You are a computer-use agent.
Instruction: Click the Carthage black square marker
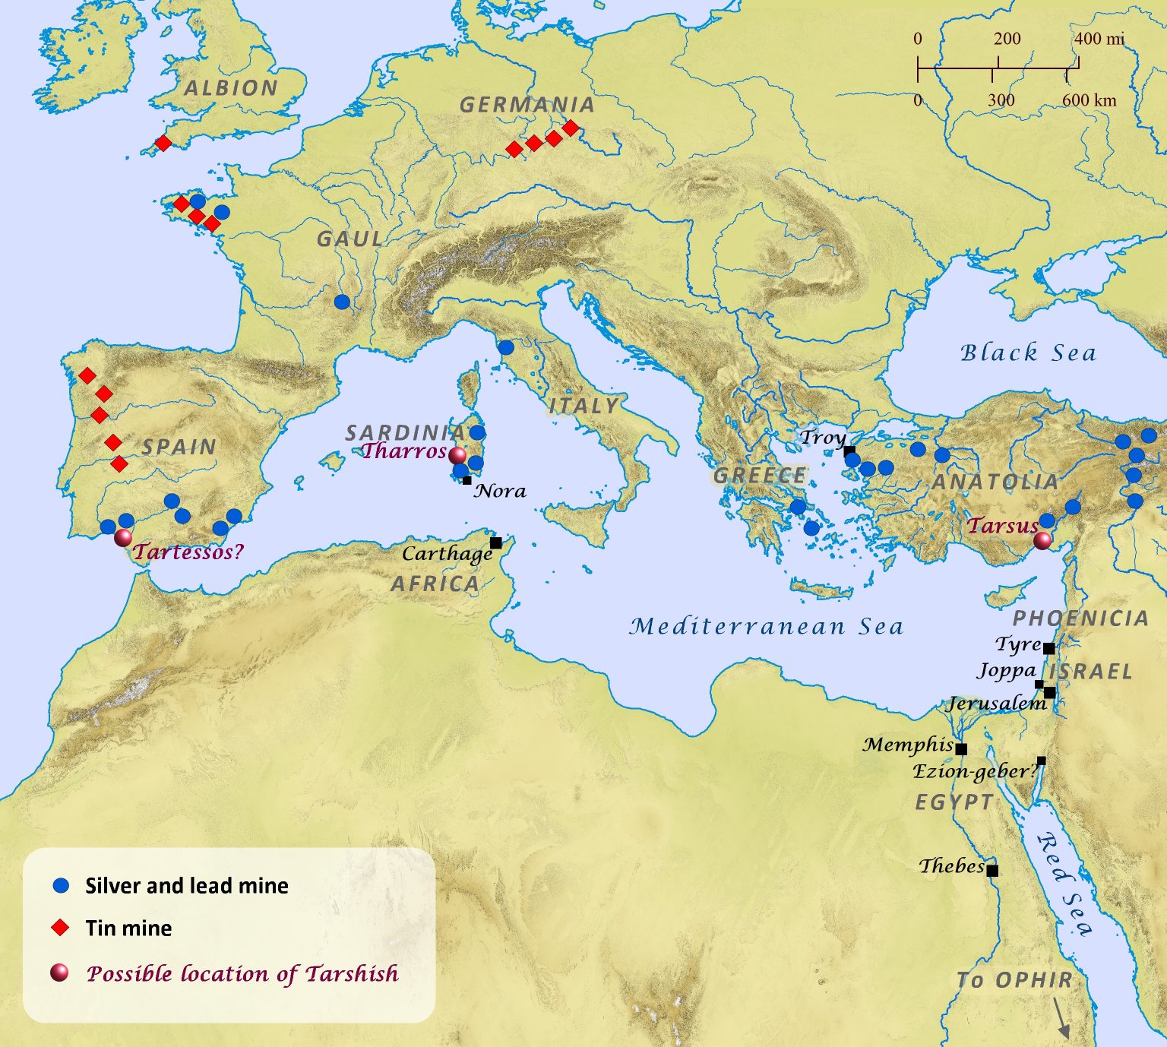[496, 542]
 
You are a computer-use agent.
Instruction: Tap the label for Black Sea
[1028, 353]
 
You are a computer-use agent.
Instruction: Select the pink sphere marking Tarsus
[1043, 540]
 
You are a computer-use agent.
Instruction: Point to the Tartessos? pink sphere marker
[123, 538]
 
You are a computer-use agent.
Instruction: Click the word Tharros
[403, 451]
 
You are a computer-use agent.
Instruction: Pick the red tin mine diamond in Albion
[163, 143]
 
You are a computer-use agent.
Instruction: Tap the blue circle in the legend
[61, 886]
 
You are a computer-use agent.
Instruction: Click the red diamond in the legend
[60, 928]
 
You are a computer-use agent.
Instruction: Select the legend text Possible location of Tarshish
[242, 973]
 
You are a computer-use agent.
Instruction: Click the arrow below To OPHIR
[1062, 1018]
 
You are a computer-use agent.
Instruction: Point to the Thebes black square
[992, 871]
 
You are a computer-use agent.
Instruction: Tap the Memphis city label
[908, 745]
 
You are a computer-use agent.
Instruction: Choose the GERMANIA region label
[527, 105]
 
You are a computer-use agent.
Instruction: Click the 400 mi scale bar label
[1099, 39]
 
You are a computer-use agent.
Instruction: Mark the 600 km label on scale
[1090, 100]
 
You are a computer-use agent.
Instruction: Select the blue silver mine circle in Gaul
[342, 302]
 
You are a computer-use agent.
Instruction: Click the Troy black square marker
[849, 451]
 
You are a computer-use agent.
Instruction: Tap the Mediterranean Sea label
[767, 626]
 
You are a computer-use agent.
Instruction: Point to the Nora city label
[501, 491]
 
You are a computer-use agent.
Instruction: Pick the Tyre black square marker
[1048, 648]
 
